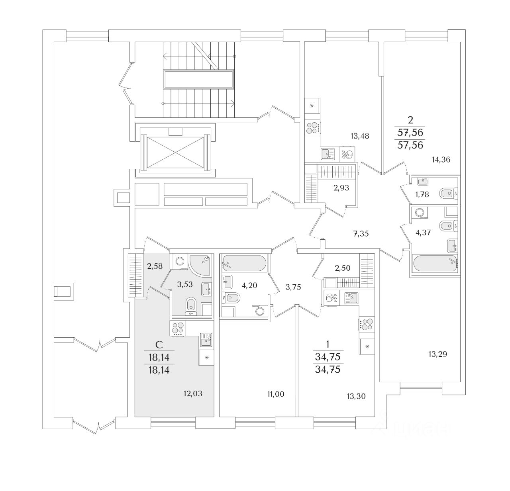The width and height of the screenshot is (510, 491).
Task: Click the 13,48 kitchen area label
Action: pos(360,136)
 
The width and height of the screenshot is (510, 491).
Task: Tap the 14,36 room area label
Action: pos(441,160)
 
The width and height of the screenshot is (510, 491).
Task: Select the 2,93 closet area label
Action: pos(341,188)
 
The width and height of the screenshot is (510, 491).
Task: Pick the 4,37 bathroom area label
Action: pos(423,233)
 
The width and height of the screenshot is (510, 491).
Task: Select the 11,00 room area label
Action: pos(276,394)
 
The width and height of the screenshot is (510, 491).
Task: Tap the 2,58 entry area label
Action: pos(155,266)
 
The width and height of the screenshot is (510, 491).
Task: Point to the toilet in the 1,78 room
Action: pos(448,194)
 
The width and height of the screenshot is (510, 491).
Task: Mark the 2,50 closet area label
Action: pos(342,268)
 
